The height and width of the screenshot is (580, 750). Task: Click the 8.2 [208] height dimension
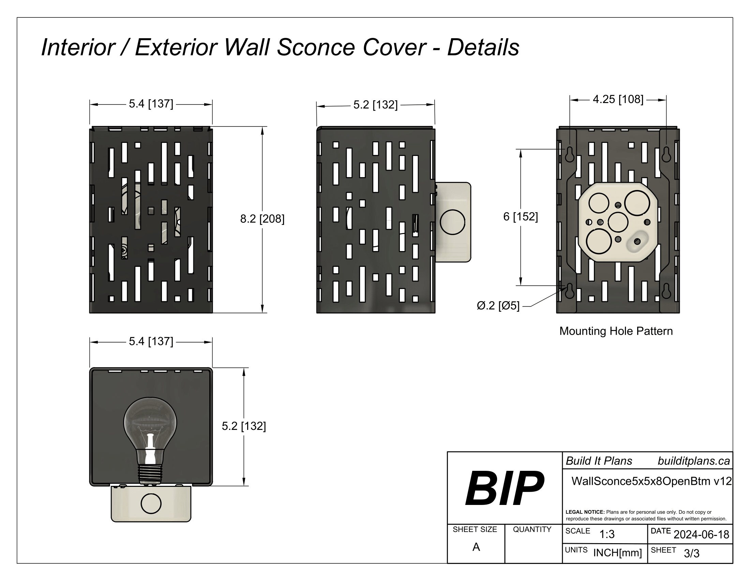(262, 219)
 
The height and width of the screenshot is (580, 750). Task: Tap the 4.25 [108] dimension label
(618, 99)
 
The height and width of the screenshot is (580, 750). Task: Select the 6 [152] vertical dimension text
(520, 216)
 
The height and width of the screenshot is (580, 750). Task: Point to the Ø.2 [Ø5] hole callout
(498, 305)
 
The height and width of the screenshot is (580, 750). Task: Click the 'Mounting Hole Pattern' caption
(616, 331)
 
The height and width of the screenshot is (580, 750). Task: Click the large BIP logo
(504, 488)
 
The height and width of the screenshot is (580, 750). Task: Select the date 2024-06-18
(701, 534)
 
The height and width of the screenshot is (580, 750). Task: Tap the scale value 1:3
(606, 534)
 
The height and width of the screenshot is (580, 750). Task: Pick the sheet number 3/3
(691, 553)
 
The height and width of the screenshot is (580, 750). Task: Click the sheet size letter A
(476, 547)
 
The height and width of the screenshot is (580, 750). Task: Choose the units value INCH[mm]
(617, 553)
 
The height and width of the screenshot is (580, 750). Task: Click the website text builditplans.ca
(693, 461)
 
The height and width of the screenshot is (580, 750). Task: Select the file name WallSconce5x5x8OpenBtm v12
(651, 481)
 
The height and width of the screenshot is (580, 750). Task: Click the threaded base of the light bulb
(150, 474)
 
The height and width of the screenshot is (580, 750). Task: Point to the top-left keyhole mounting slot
(569, 154)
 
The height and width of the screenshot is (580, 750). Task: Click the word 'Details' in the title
(483, 47)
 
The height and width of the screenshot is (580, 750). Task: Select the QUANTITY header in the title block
(532, 530)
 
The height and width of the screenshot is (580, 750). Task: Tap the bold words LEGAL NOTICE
(585, 512)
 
